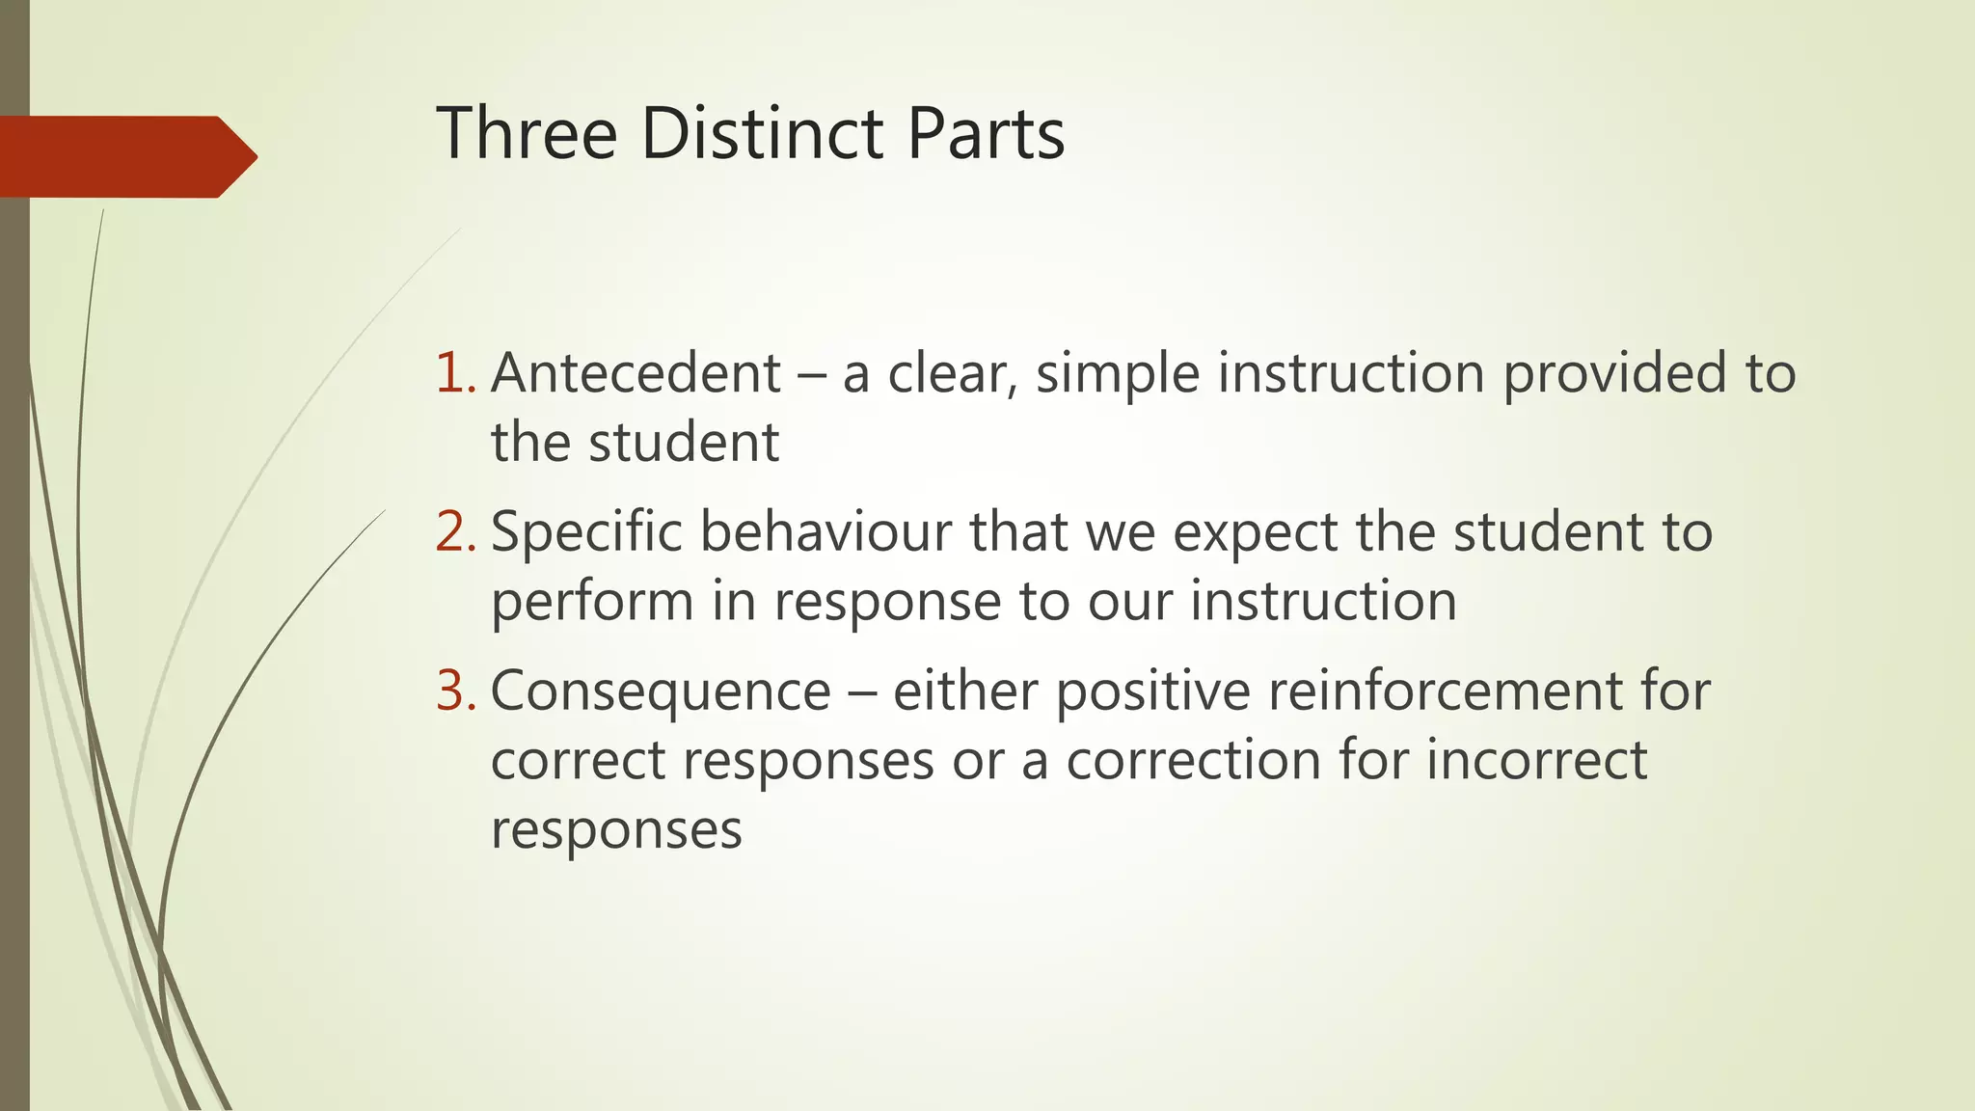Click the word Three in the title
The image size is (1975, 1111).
(x=527, y=133)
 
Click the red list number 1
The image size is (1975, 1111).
(x=455, y=373)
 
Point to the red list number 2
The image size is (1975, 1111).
(x=455, y=531)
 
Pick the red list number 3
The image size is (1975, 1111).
(x=455, y=691)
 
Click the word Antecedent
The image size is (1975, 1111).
(x=636, y=373)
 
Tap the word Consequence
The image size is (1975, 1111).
(x=661, y=691)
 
